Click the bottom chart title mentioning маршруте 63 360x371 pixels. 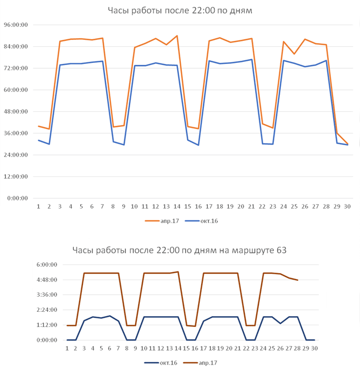pyautogui.click(x=180, y=249)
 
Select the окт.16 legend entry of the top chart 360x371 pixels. pyautogui.click(x=205, y=221)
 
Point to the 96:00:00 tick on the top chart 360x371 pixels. pyautogui.click(x=17, y=25)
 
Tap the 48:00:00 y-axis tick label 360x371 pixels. pyautogui.click(x=17, y=112)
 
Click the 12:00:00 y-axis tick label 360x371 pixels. pyautogui.click(x=17, y=177)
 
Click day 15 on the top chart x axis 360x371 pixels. pyautogui.click(x=188, y=206)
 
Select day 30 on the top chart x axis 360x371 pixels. pyautogui.click(x=347, y=206)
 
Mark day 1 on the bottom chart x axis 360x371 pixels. pyautogui.click(x=67, y=348)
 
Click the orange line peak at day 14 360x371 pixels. pyautogui.click(x=177, y=36)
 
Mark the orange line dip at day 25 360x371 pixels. pyautogui.click(x=294, y=54)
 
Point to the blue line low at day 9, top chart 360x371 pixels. pyautogui.click(x=124, y=145)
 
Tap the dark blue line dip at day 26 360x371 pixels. pyautogui.click(x=280, y=323)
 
